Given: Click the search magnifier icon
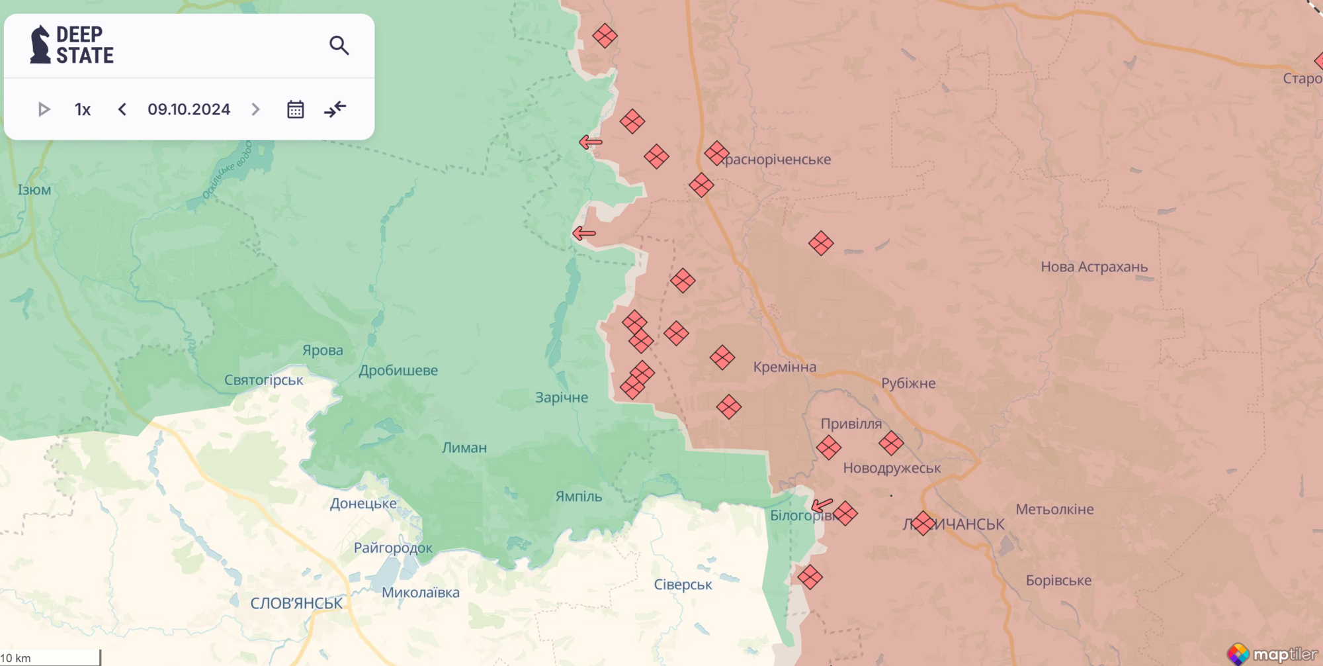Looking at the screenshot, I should coord(339,45).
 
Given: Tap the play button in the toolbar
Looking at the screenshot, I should coord(44,109).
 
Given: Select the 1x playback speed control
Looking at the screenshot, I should coord(83,109).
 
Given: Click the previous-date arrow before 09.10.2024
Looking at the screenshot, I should coord(122,109).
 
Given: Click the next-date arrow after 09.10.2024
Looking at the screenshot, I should coord(256,109).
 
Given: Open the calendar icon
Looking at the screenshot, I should coord(295,109).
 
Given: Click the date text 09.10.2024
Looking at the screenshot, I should coord(189,109).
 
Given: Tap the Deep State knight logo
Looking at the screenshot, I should coord(40,45).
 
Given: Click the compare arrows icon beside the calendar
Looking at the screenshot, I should coord(335,109).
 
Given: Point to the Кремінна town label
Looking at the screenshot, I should coord(785,367).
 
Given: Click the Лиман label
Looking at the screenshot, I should coord(464,448).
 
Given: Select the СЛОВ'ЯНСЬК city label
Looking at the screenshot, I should coord(296,603).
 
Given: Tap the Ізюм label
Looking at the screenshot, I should coord(34,190).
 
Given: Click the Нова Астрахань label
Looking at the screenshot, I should coord(1094,267).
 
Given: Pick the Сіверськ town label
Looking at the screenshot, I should coord(683,585).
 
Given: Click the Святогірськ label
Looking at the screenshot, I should coord(263,380).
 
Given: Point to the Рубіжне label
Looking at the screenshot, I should coord(908,383).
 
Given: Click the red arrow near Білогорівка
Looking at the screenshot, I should coord(822,505).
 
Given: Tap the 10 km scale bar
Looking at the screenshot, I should coord(50,658).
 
